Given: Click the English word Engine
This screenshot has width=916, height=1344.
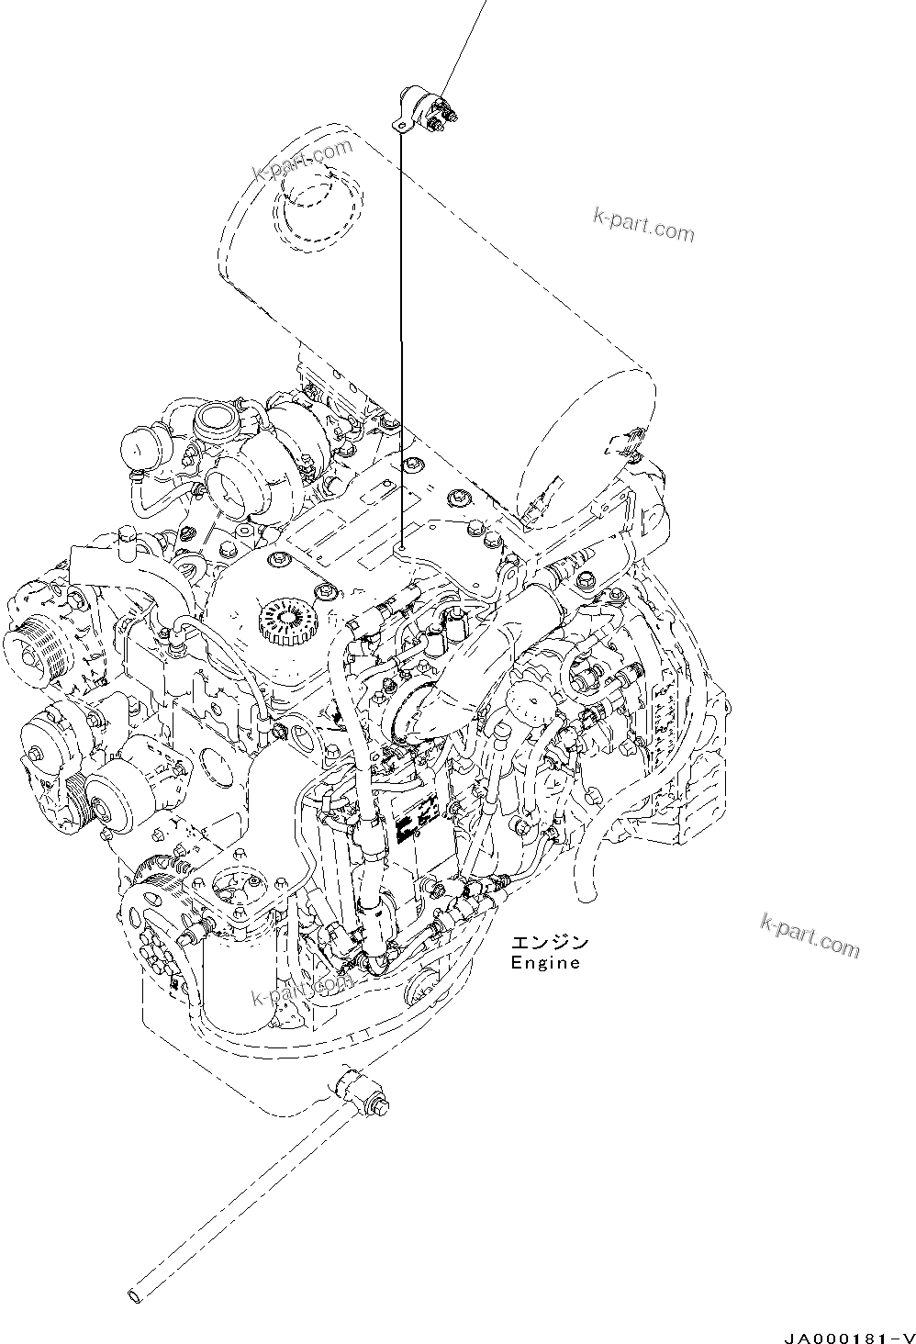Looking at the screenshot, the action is point(544,963).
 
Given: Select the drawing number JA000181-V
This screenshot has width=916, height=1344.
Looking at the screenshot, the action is point(850,1336).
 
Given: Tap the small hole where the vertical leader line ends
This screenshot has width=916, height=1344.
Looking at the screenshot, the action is point(402,548).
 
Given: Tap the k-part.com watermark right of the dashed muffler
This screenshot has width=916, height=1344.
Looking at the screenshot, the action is point(643,224).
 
